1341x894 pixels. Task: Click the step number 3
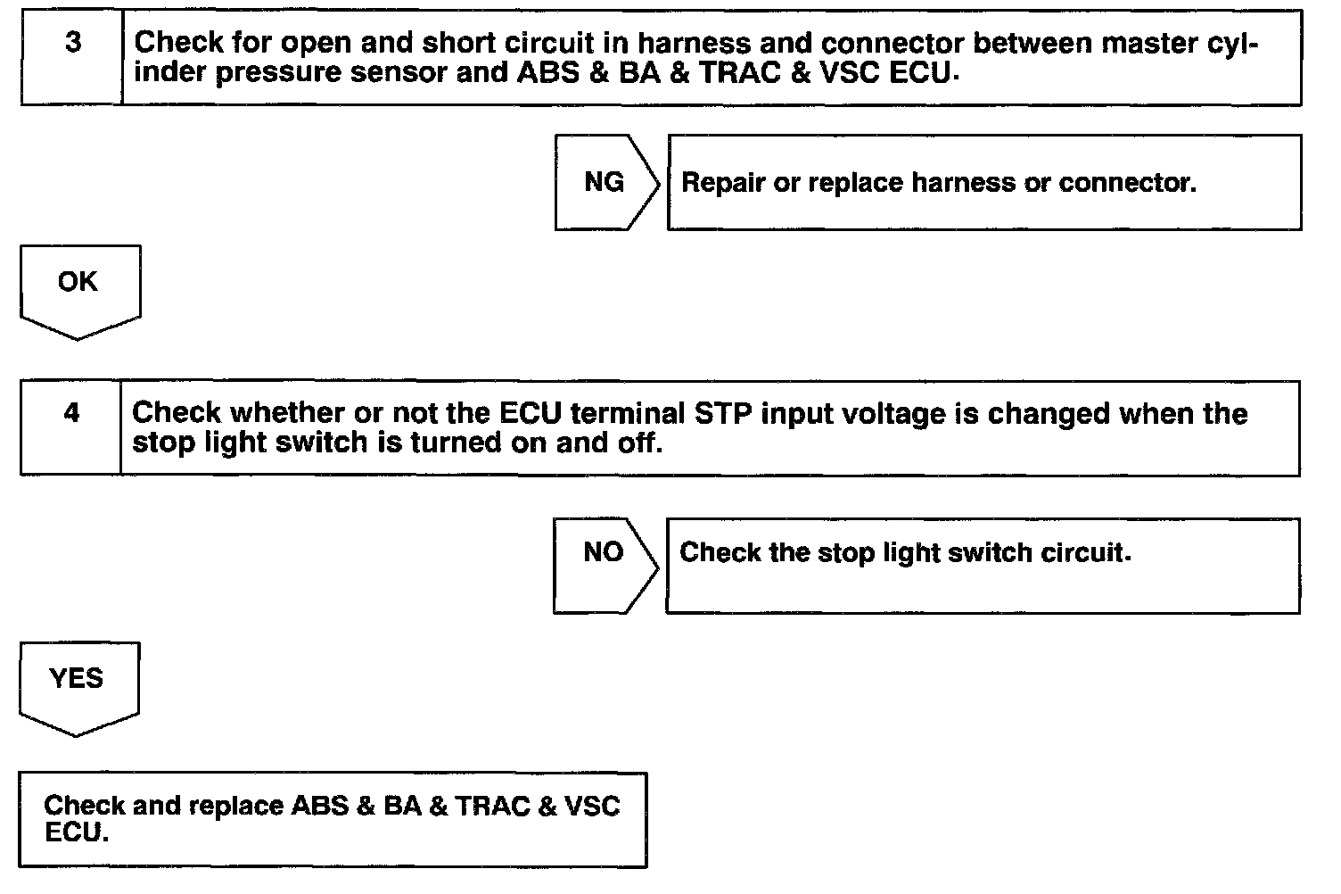coord(74,43)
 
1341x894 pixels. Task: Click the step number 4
coord(72,413)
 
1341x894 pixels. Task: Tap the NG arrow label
coord(605,182)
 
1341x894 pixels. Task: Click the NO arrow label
coord(603,552)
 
